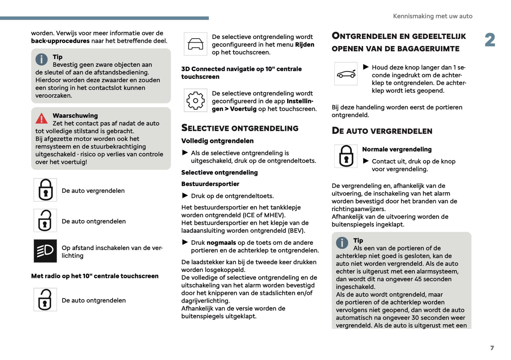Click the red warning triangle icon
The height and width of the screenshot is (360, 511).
click(41, 118)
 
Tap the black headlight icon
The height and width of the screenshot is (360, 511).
click(45, 251)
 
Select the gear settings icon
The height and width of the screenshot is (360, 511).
click(196, 100)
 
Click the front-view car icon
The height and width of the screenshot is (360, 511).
click(196, 44)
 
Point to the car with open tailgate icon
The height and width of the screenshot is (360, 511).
click(346, 74)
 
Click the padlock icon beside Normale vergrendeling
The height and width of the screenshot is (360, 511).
click(346, 156)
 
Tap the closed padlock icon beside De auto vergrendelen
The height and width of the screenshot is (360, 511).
click(45, 190)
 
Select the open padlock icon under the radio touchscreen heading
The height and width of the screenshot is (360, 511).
click(45, 300)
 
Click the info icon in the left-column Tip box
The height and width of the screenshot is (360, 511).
click(41, 59)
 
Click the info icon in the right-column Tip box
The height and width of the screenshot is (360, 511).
click(342, 243)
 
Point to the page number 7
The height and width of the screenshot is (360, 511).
click(492, 348)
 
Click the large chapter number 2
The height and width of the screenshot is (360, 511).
click(490, 40)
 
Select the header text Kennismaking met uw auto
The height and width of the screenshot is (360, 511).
click(432, 16)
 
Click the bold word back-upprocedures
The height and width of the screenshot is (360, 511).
click(60, 41)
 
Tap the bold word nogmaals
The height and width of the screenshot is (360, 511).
click(221, 243)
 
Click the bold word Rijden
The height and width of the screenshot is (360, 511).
click(304, 45)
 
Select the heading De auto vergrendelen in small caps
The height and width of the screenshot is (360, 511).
click(382, 131)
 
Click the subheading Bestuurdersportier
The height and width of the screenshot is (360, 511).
click(210, 184)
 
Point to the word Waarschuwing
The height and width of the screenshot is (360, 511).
click(75, 116)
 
